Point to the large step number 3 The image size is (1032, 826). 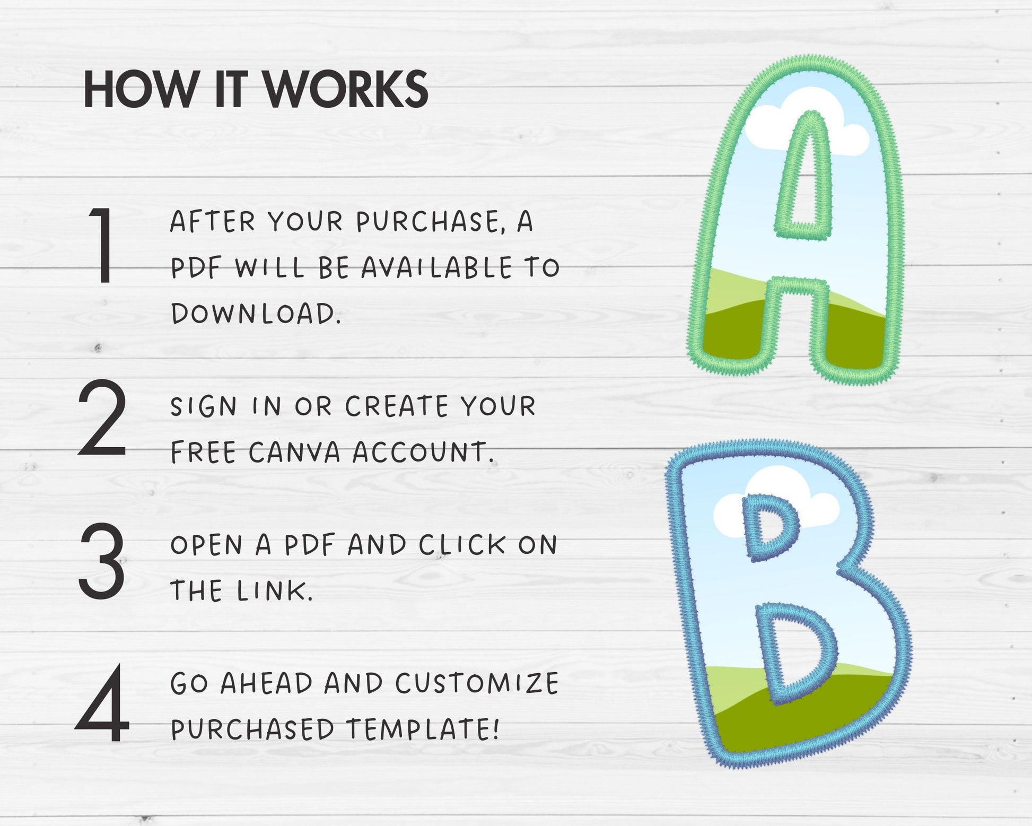(102, 561)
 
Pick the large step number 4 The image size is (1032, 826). (102, 703)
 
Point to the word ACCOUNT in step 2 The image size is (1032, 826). (423, 453)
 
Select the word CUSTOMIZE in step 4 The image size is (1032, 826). (477, 683)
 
